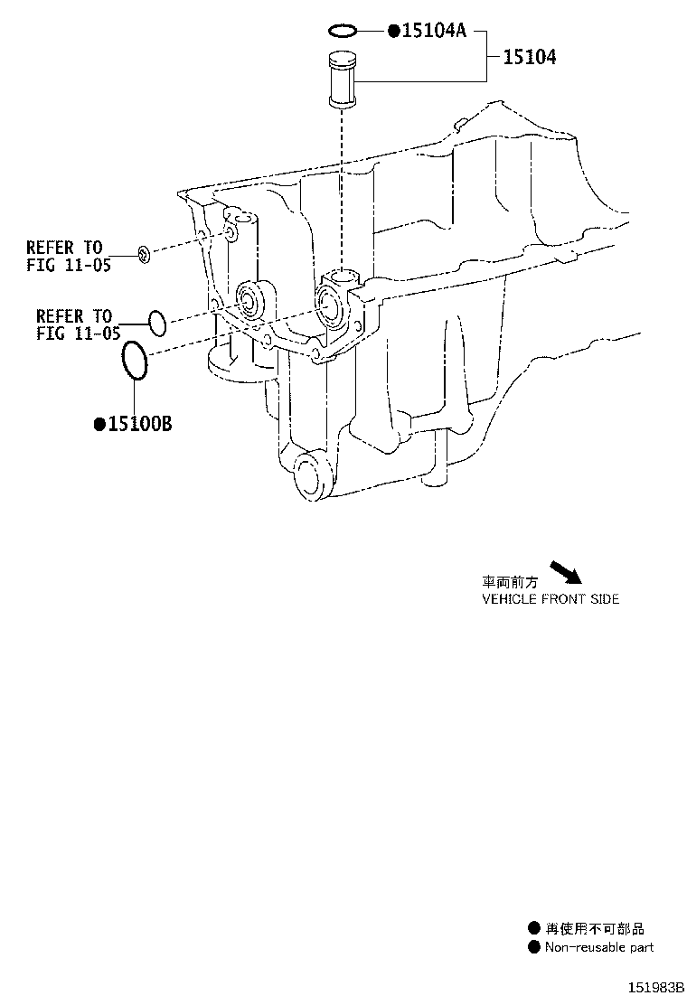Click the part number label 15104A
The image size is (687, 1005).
pyautogui.click(x=434, y=30)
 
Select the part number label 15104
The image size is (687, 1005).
pyautogui.click(x=529, y=57)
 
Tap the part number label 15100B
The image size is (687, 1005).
pyautogui.click(x=140, y=424)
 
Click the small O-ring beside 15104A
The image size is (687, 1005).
pyautogui.click(x=343, y=30)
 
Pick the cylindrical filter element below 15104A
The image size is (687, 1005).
pyautogui.click(x=342, y=80)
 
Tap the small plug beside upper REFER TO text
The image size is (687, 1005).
pyautogui.click(x=146, y=255)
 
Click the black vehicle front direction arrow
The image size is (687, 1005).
pyautogui.click(x=566, y=572)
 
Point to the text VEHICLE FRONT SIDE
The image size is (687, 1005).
pyautogui.click(x=551, y=599)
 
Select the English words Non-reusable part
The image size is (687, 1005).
pyautogui.click(x=599, y=947)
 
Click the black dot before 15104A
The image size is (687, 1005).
pyautogui.click(x=393, y=31)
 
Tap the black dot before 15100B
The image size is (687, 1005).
pyautogui.click(x=99, y=424)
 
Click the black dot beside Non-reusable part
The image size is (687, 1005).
pyautogui.click(x=534, y=947)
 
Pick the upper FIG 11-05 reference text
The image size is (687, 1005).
pyautogui.click(x=69, y=265)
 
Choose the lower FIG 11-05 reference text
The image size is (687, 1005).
pyautogui.click(x=78, y=333)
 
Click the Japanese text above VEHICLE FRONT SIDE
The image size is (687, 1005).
pyautogui.click(x=510, y=583)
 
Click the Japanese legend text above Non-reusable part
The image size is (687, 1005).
pyautogui.click(x=595, y=928)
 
